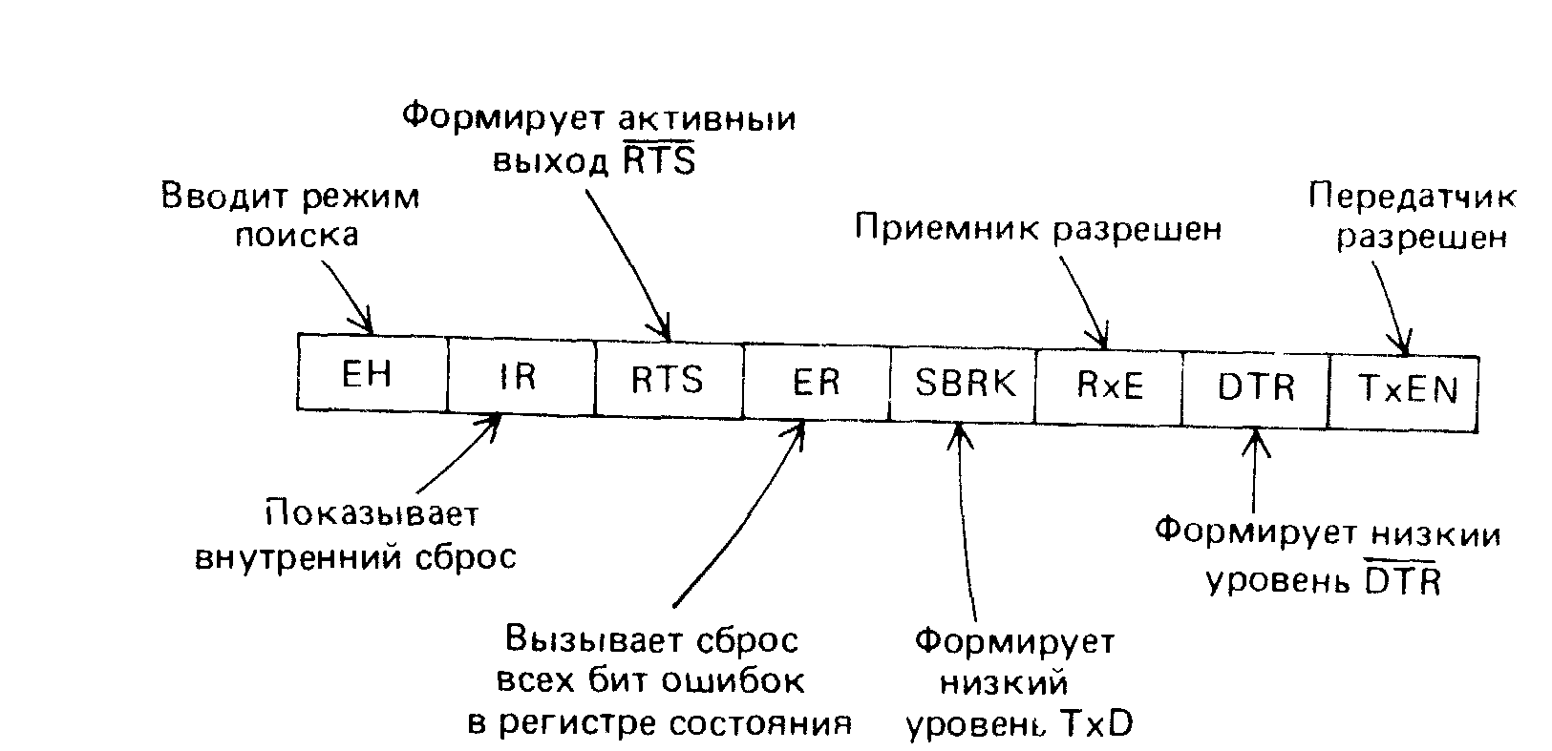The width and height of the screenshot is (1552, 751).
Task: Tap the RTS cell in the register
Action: tap(668, 379)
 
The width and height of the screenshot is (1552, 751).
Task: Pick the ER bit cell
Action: tap(816, 382)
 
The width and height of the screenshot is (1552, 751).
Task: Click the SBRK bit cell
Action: tap(965, 383)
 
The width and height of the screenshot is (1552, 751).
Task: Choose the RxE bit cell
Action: tap(1110, 386)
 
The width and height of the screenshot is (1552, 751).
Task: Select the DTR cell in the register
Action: tap(1256, 387)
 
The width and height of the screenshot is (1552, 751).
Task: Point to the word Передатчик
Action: tap(1412, 197)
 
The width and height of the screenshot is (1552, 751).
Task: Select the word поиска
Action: tap(297, 235)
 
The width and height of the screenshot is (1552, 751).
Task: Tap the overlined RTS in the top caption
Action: tap(659, 161)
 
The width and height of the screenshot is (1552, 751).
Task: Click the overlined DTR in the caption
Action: tap(1401, 579)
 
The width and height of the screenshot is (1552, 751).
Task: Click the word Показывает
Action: tap(372, 515)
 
